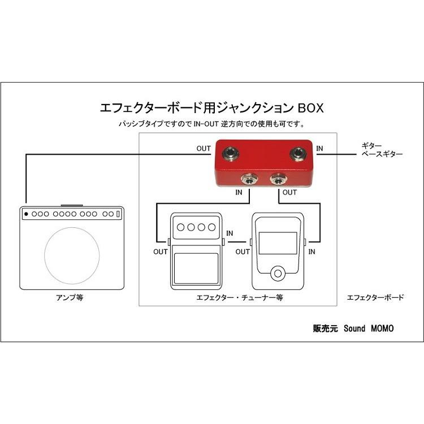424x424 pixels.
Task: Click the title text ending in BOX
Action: click(212, 107)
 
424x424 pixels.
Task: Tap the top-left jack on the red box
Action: click(231, 152)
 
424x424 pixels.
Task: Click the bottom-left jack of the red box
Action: click(247, 180)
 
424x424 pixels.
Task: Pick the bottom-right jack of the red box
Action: click(277, 180)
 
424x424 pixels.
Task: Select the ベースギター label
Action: click(382, 153)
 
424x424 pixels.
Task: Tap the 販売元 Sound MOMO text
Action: click(353, 328)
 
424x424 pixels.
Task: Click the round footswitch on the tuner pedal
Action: click(277, 274)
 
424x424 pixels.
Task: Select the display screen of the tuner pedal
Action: click(278, 241)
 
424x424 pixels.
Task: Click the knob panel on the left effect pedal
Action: click(196, 227)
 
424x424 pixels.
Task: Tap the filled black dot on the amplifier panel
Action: click(26, 214)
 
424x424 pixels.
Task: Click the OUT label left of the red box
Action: click(204, 149)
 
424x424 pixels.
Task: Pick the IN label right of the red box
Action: click(320, 149)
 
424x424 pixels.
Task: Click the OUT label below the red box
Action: click(289, 192)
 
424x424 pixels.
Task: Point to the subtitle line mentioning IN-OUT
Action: click(212, 123)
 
